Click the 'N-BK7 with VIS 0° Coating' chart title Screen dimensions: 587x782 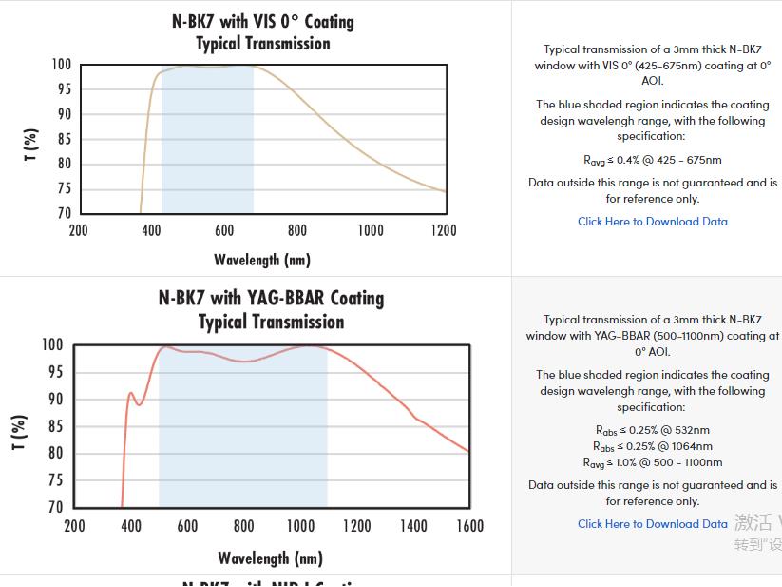click(x=263, y=21)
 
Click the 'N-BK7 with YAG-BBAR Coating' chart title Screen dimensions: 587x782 click(x=271, y=298)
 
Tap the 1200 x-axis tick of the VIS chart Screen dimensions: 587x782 click(x=443, y=230)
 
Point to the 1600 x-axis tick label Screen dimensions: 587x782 click(x=469, y=526)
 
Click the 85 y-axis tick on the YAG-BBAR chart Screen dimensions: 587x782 click(x=54, y=426)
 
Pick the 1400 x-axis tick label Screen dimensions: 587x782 click(x=413, y=526)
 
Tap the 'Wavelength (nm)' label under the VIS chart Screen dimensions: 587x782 click(x=262, y=260)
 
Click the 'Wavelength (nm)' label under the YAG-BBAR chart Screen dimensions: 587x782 click(x=271, y=558)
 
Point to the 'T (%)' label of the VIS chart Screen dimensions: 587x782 click(x=31, y=144)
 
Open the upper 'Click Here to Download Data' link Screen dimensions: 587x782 click(x=653, y=222)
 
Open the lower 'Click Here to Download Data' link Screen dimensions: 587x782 click(x=653, y=524)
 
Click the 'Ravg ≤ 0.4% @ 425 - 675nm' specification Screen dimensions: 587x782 click(x=653, y=160)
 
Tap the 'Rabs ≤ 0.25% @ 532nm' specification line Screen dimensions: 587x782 click(x=653, y=430)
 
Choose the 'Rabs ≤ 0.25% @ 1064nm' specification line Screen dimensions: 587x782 click(x=653, y=446)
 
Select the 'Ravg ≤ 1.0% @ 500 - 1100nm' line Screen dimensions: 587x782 click(x=653, y=462)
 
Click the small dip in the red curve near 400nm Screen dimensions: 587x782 click(x=139, y=404)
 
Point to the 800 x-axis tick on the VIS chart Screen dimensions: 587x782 click(x=297, y=230)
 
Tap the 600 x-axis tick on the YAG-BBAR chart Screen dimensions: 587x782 click(x=187, y=526)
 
